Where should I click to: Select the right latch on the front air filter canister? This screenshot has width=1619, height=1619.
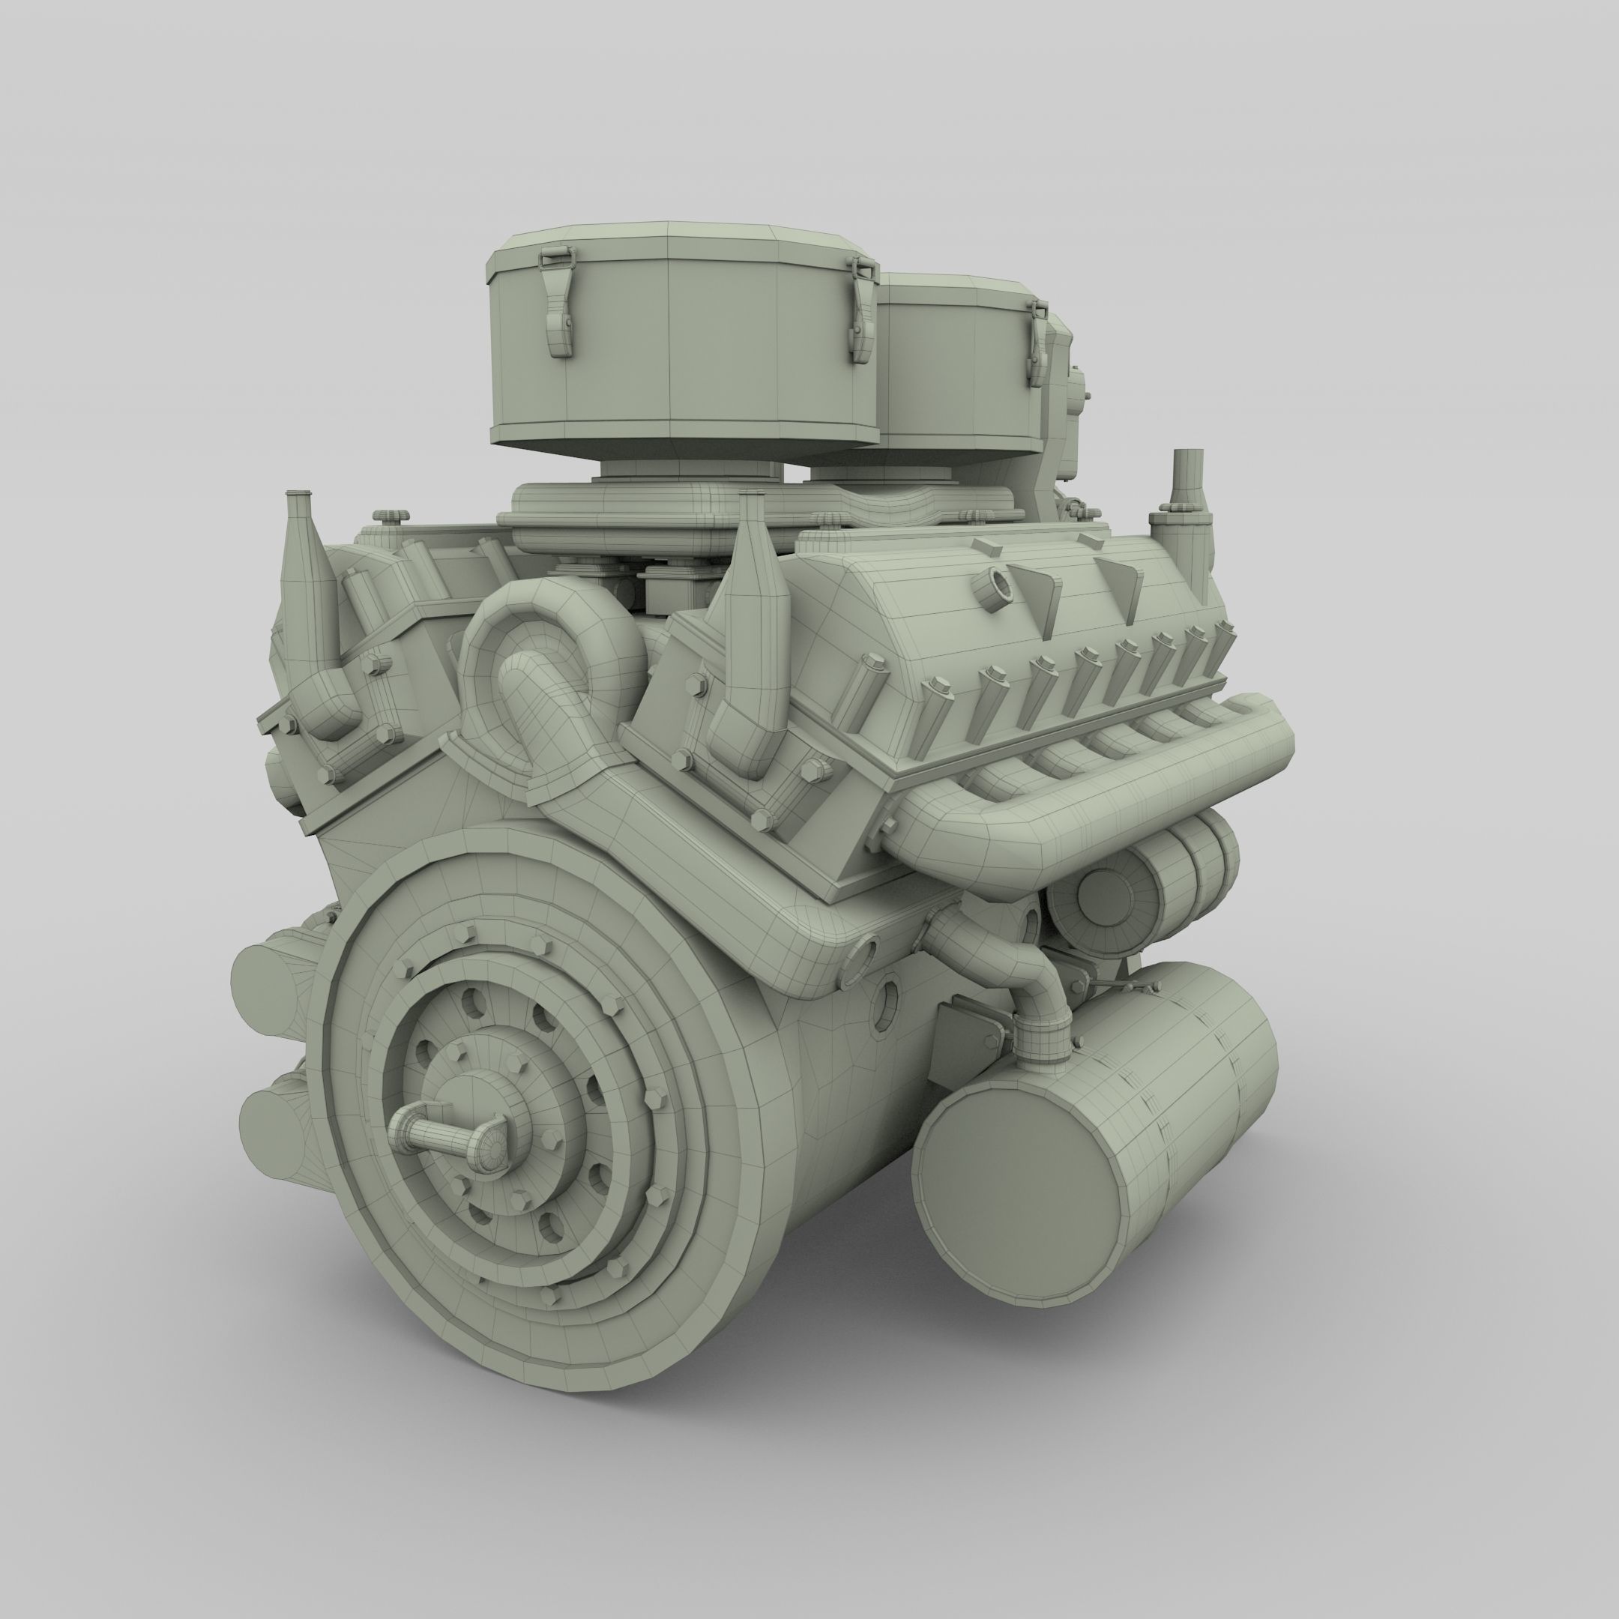[x=861, y=310]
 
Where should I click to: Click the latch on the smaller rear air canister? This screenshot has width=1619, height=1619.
[x=1037, y=346]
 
